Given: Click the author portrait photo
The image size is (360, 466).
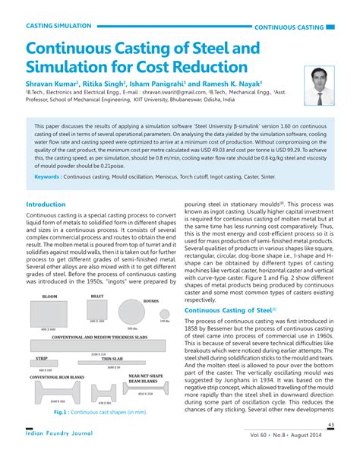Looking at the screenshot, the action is [x=320, y=84].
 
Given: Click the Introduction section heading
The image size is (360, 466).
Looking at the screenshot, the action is [x=46, y=204].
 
